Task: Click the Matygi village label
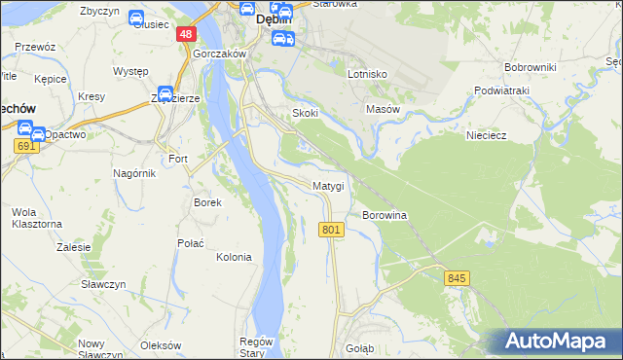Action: [x=328, y=186]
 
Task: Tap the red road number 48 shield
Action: [x=187, y=34]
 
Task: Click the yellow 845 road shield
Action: [x=458, y=278]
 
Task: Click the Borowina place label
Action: [x=384, y=214]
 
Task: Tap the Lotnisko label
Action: [x=368, y=74]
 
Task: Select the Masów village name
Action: [x=383, y=110]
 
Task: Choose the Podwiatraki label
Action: [x=501, y=90]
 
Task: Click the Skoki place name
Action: [x=306, y=113]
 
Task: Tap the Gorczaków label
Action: [x=216, y=54]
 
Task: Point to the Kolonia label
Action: [x=234, y=258]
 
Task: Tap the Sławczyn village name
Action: [x=105, y=284]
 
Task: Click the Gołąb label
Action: [x=360, y=347]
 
